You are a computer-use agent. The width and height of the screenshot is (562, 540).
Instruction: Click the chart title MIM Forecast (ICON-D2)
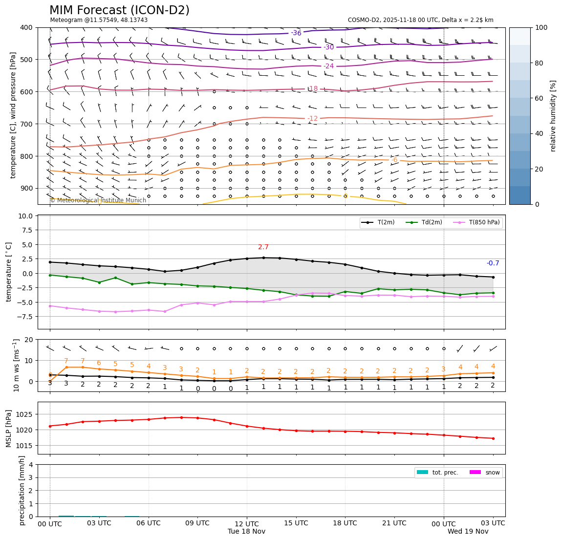tap(119, 10)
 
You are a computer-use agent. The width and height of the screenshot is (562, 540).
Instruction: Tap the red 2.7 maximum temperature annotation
tap(263, 247)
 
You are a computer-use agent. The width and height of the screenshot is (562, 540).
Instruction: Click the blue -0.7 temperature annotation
tap(493, 263)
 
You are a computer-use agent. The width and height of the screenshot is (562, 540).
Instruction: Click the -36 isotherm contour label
tap(296, 33)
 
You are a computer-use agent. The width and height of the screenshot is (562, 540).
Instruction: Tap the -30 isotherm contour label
tap(329, 47)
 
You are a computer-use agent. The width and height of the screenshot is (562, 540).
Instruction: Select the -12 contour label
tap(313, 119)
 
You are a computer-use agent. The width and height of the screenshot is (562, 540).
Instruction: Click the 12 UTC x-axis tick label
tap(247, 523)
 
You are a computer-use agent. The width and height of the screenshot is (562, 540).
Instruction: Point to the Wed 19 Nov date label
tap(468, 531)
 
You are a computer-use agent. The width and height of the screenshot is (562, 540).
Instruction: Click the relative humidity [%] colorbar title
tap(553, 116)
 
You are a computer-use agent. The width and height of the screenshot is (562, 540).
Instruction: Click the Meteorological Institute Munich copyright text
tap(98, 200)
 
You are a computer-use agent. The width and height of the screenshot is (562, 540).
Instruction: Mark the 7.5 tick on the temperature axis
tap(26, 230)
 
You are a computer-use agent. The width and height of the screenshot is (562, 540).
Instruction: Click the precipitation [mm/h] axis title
tap(22, 490)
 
